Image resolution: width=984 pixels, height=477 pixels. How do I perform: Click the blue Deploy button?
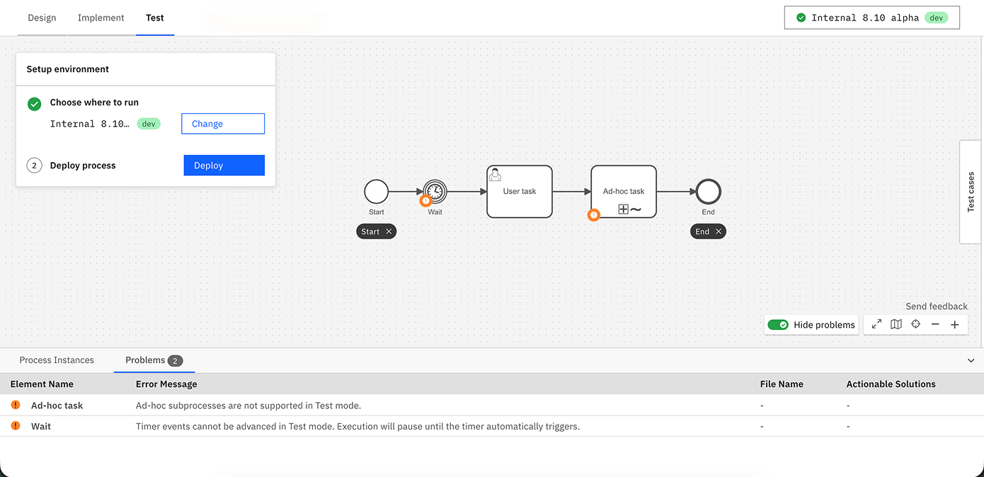coord(224,165)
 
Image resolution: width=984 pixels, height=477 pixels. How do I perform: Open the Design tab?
coord(42,18)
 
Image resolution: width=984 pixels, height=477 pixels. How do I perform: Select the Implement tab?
coord(101,18)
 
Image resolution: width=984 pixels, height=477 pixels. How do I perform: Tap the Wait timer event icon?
coord(435,192)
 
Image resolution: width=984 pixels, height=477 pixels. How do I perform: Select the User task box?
coord(520,192)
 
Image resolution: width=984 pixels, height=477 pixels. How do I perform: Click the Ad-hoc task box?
coord(624,192)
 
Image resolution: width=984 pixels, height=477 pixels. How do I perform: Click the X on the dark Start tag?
coord(389,231)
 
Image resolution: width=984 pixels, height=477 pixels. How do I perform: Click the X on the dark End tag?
coord(719,231)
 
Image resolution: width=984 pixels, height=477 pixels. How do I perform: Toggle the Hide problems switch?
coord(778,325)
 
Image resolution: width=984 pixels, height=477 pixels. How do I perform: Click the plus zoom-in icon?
coord(954,325)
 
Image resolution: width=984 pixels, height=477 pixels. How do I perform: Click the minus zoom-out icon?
coord(935,325)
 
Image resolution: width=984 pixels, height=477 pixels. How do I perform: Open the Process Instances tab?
coord(57,360)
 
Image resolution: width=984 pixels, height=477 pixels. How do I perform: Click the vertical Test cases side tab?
coord(971,192)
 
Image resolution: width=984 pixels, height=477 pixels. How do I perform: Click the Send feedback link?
coord(937,306)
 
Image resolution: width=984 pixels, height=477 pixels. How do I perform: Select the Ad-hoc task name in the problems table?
coord(57,406)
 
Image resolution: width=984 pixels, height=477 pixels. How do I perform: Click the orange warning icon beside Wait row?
coord(16,425)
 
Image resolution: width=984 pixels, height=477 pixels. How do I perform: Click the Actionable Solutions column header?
coord(891,384)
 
